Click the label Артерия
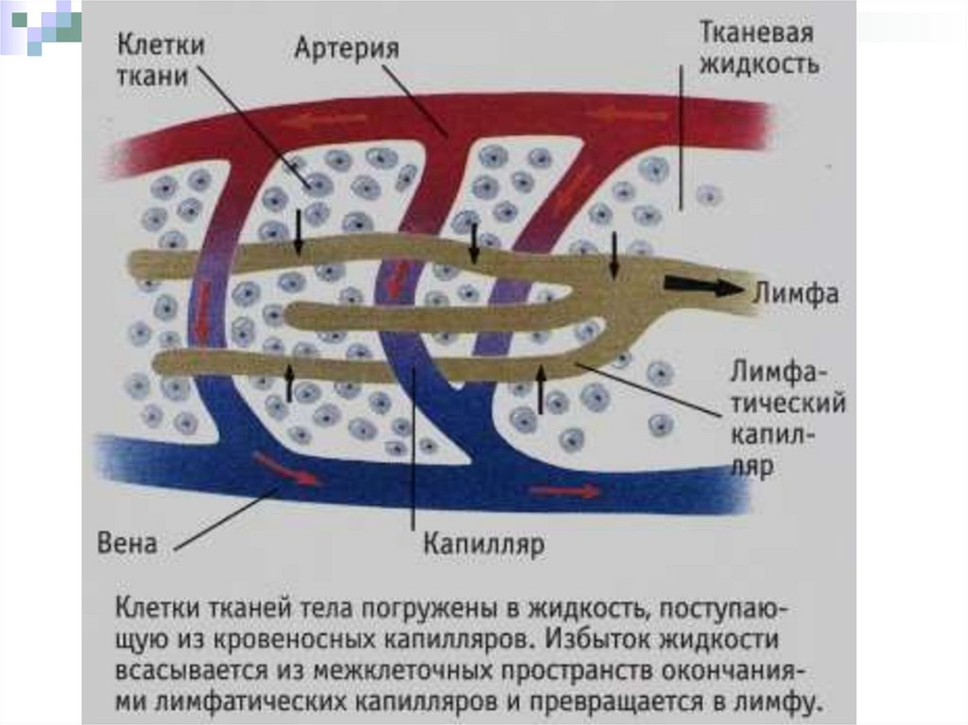pyautogui.click(x=346, y=47)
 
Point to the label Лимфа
pyautogui.click(x=796, y=292)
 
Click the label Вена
pyautogui.click(x=127, y=544)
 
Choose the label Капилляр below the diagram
pyautogui.click(x=483, y=544)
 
